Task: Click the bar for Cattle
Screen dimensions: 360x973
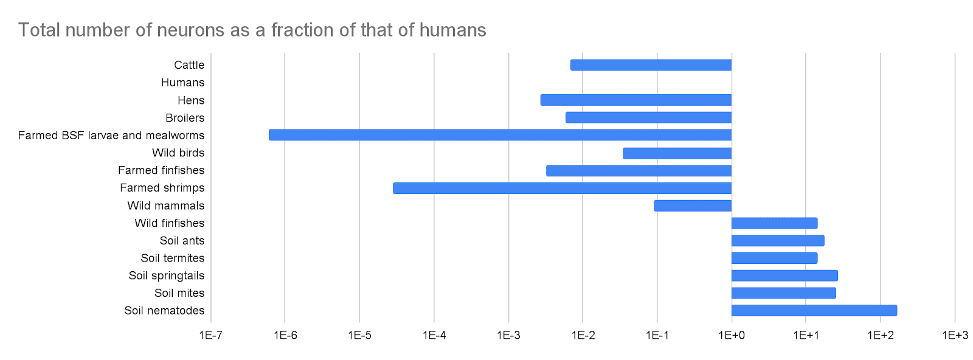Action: tap(651, 65)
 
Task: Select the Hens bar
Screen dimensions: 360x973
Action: tap(635, 100)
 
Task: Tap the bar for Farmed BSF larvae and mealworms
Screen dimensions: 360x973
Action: tap(500, 135)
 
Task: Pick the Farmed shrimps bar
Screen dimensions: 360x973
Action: tap(562, 188)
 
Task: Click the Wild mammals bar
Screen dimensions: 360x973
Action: tap(693, 206)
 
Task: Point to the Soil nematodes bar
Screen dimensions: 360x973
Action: tap(814, 311)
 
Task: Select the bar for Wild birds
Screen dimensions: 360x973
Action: tap(677, 153)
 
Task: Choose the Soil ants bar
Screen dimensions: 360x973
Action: tap(778, 241)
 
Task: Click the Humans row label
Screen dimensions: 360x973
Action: tap(182, 83)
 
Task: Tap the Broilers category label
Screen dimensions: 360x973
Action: tap(185, 118)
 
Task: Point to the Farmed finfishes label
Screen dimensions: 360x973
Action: tap(161, 170)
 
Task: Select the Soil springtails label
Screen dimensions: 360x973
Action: tap(166, 275)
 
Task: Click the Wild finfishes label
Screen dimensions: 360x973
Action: tap(169, 223)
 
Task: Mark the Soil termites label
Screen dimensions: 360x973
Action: tap(172, 258)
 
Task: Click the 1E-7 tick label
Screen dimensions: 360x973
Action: tap(211, 335)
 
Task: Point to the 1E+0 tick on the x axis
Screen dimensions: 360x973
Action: tap(732, 335)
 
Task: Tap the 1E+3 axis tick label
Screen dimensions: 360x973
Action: tap(955, 335)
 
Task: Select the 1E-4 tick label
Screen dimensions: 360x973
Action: tap(434, 335)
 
